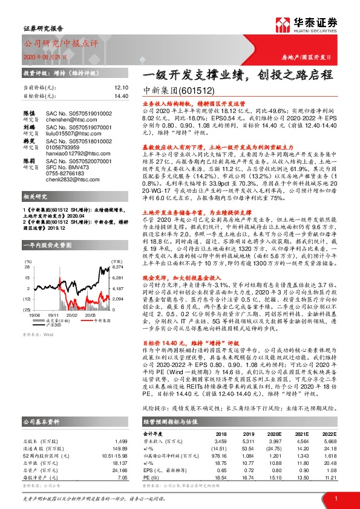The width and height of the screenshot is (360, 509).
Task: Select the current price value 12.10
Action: tap(121, 88)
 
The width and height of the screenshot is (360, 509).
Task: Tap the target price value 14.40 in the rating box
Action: tap(121, 96)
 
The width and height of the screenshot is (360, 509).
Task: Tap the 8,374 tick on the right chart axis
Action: tap(117, 267)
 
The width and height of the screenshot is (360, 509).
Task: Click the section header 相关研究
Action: tap(33, 215)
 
